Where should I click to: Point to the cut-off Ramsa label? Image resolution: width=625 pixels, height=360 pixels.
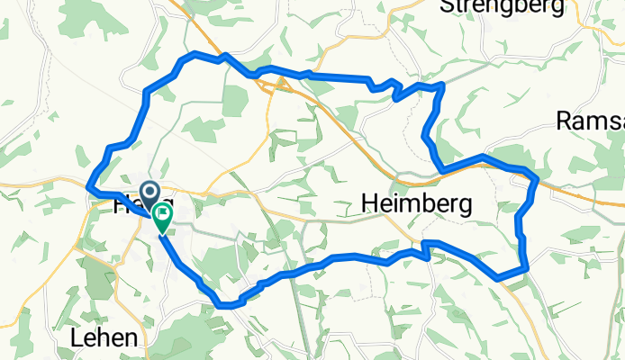[590, 121]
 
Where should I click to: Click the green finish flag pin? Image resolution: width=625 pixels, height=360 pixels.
[163, 216]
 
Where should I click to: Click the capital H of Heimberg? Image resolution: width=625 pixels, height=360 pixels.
[369, 204]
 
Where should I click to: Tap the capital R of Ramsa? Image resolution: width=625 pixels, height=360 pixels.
[564, 121]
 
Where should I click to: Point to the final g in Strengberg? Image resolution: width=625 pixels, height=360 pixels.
[557, 9]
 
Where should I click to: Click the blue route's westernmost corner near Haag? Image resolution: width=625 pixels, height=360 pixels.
[88, 185]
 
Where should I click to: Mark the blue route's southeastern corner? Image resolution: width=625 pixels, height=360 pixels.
[524, 267]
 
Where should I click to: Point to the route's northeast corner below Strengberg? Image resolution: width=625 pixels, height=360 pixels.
[442, 85]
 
